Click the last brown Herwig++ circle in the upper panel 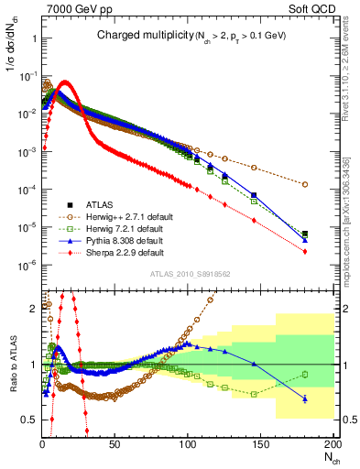coord(304,184)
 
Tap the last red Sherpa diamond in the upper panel coord(304,251)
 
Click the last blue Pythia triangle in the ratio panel coord(304,398)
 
